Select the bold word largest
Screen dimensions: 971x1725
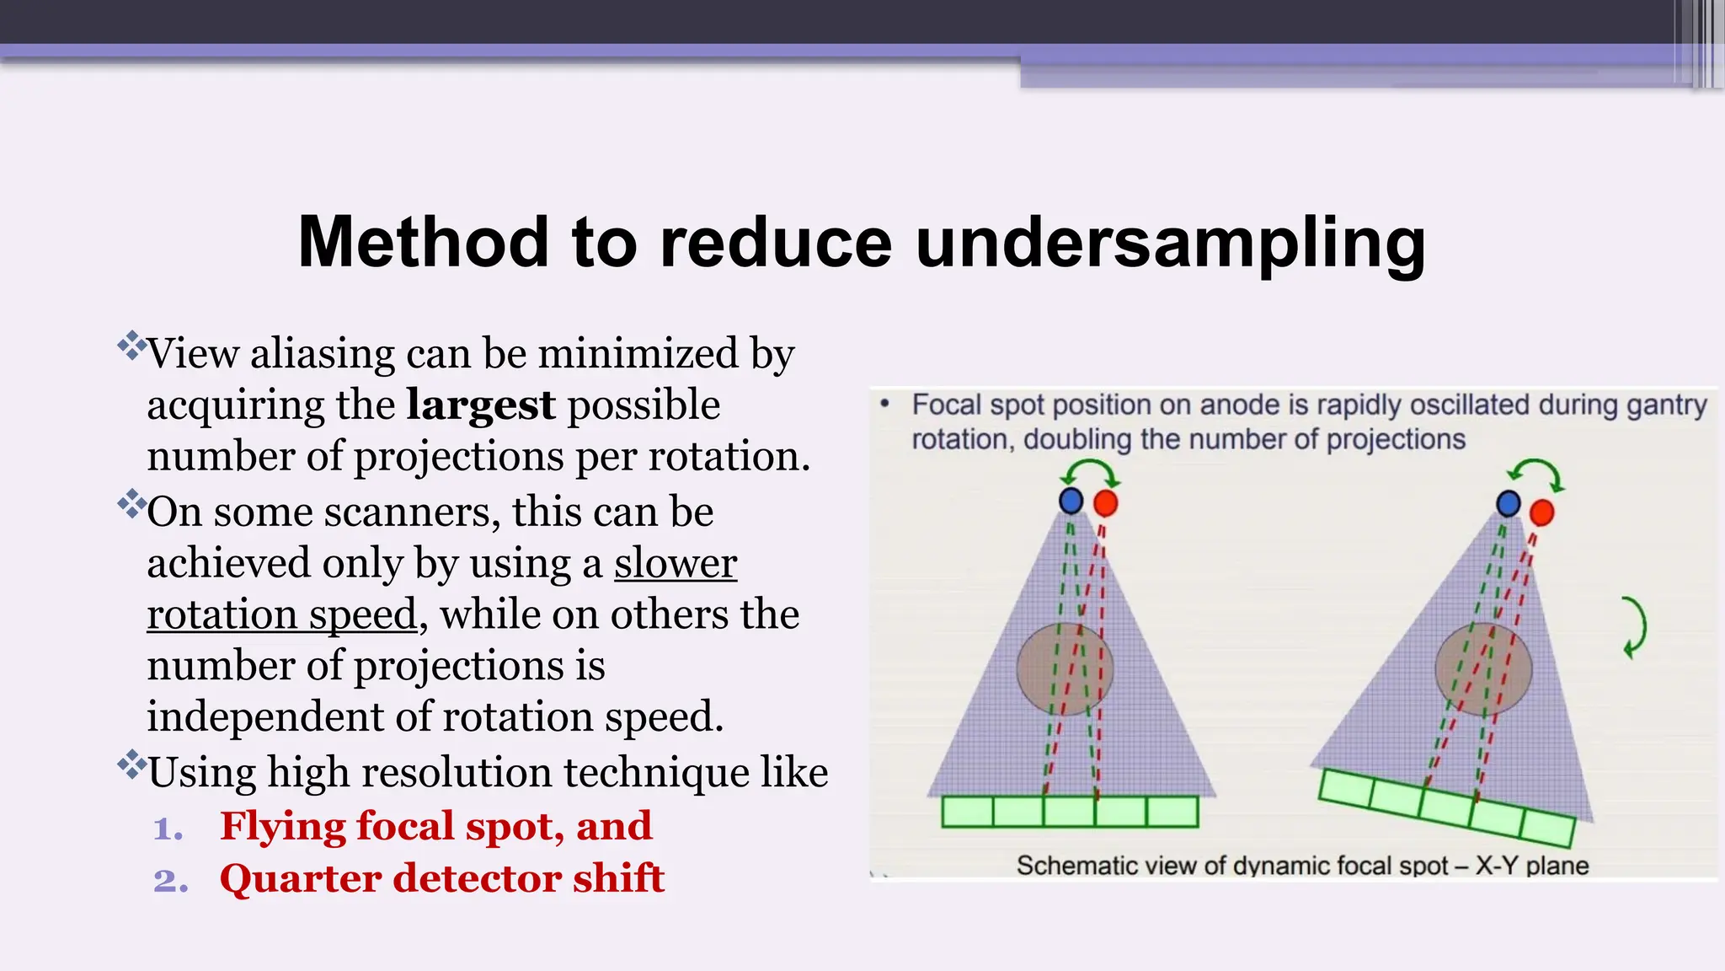click(481, 405)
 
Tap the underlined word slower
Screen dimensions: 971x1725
click(676, 563)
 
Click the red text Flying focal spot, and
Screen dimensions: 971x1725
click(435, 826)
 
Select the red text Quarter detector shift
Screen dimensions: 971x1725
click(442, 878)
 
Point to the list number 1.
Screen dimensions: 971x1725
click(168, 829)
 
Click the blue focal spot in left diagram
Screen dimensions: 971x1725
click(1071, 501)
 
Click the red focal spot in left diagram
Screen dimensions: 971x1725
click(1105, 504)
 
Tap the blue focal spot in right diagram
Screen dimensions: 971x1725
click(1508, 504)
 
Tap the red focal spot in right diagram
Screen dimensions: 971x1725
click(1541, 512)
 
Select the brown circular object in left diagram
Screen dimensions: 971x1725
click(1065, 669)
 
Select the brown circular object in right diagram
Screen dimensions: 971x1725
click(1483, 669)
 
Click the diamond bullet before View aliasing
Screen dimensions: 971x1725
click(131, 346)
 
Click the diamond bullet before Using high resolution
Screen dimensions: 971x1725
click(131, 764)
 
